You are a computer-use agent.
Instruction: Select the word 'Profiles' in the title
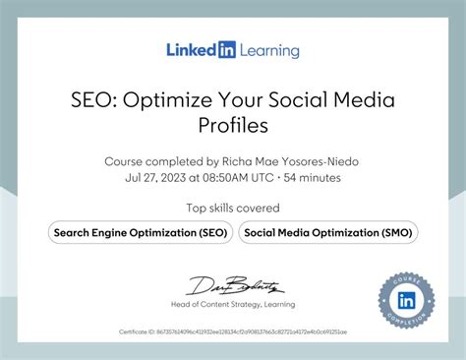(x=233, y=125)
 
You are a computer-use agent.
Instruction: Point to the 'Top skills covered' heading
(x=233, y=208)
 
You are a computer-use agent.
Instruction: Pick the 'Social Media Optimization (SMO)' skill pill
(x=329, y=232)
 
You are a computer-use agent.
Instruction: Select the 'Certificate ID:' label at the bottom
(x=140, y=332)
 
